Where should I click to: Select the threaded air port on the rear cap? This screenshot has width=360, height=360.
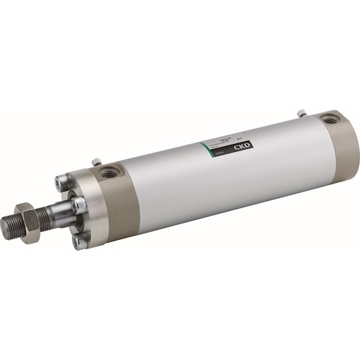pyautogui.click(x=329, y=120)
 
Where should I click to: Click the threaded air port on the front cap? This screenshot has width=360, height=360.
pyautogui.click(x=110, y=171)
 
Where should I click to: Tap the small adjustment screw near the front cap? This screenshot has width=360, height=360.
pyautogui.click(x=95, y=162)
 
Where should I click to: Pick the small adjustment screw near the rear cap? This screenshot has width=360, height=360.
pyautogui.click(x=302, y=112)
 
